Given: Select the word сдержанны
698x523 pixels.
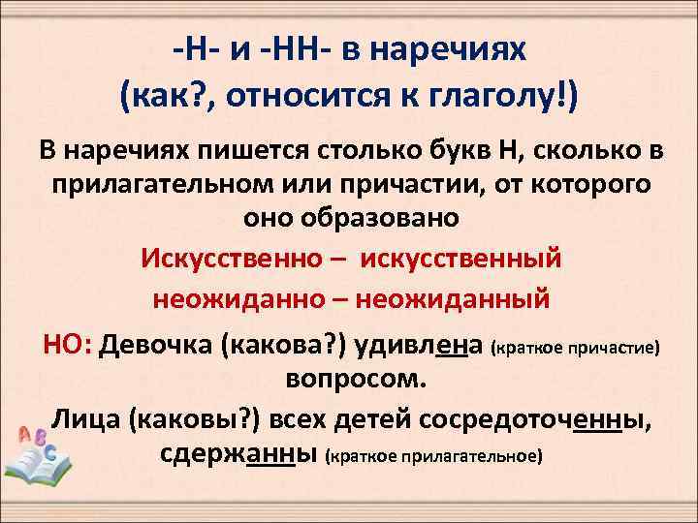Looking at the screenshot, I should [x=238, y=452].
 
